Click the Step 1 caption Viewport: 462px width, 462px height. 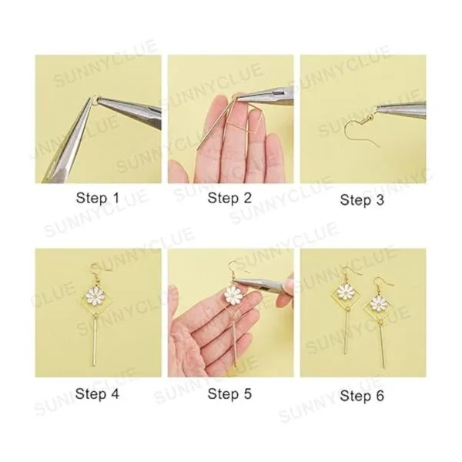(98, 198)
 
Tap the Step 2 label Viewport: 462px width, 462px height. (229, 198)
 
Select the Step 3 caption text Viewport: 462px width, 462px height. (362, 199)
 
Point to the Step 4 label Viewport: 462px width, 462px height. (97, 393)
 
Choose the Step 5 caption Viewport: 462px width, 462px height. (229, 393)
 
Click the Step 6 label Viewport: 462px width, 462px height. (362, 396)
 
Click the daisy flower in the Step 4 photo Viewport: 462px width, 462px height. (96, 296)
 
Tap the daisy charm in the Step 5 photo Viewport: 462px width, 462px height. (233, 295)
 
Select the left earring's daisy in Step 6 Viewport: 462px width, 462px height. (346, 291)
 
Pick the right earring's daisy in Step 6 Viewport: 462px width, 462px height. (378, 303)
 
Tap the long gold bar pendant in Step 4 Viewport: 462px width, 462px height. (95, 343)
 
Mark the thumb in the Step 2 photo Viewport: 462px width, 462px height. (179, 171)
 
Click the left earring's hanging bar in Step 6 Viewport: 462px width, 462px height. (346, 333)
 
